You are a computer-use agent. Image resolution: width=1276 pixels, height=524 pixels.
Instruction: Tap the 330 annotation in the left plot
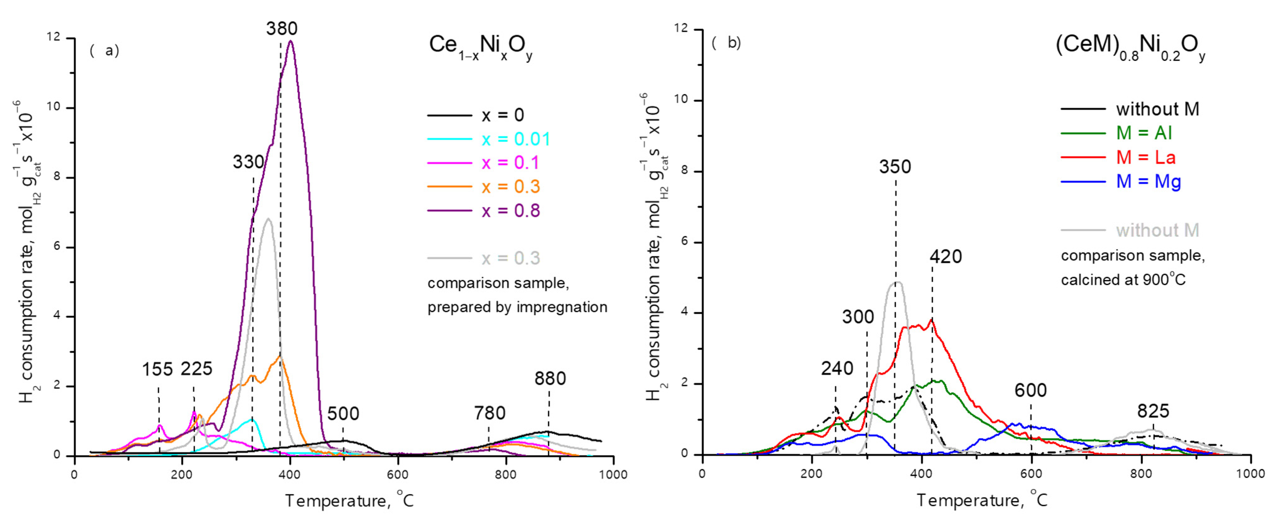pyautogui.click(x=248, y=162)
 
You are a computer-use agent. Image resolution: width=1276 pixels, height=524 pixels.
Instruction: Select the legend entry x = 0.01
pyautogui.click(x=516, y=139)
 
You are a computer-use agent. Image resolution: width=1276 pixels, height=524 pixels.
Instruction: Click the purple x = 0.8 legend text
pyautogui.click(x=510, y=211)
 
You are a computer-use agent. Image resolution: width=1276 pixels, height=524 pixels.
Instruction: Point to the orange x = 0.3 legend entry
pyautogui.click(x=510, y=187)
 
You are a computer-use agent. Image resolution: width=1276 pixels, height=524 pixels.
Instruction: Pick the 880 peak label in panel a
pyautogui.click(x=549, y=378)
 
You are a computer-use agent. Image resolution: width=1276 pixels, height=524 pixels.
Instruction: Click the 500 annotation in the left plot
pyautogui.click(x=343, y=413)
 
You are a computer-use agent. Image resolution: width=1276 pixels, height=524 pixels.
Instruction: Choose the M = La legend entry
pyautogui.click(x=1145, y=157)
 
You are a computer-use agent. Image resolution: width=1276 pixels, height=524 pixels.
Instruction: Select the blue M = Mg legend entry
pyautogui.click(x=1148, y=182)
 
